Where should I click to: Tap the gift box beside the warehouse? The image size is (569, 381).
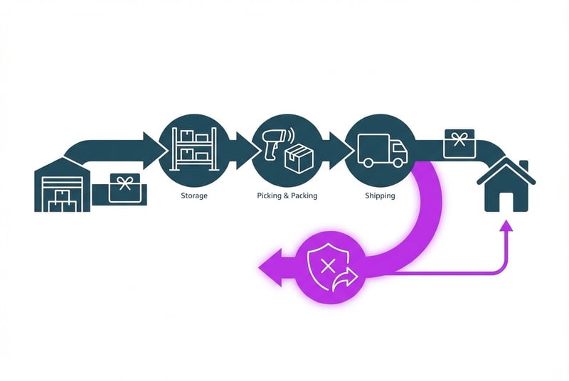(x=126, y=186)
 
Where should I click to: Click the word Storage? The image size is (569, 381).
(x=193, y=195)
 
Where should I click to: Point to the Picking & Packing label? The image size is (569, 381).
(x=287, y=195)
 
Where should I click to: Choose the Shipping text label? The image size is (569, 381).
(x=380, y=195)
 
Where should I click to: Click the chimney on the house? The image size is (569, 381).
(x=524, y=167)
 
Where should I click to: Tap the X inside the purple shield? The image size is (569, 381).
(x=327, y=267)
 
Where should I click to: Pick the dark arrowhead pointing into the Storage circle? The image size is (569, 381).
(x=151, y=147)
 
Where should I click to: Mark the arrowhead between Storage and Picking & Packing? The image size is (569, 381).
(x=246, y=147)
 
